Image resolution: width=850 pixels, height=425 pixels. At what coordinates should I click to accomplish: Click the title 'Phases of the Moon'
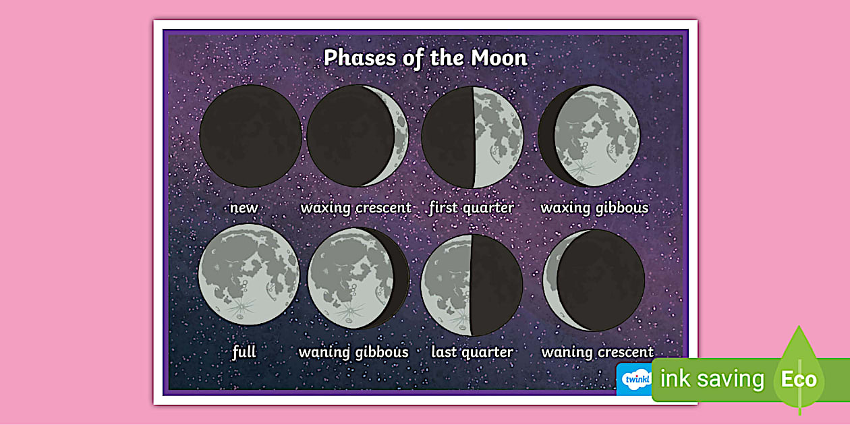tap(425, 58)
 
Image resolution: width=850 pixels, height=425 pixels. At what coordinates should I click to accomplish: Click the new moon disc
tap(250, 136)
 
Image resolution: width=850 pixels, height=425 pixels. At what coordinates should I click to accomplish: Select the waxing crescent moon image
tap(358, 136)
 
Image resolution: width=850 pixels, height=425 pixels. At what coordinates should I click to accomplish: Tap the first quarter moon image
tap(472, 137)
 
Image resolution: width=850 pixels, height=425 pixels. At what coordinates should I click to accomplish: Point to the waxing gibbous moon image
tap(589, 136)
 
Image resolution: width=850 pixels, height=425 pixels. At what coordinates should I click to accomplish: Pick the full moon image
tap(249, 275)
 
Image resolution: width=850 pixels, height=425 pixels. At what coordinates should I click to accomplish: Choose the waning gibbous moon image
tap(358, 278)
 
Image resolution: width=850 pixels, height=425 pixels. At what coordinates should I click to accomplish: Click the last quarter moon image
tap(472, 285)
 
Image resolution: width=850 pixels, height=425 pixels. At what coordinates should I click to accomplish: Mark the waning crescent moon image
tap(594, 280)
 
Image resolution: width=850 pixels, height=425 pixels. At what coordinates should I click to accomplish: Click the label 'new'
tap(244, 208)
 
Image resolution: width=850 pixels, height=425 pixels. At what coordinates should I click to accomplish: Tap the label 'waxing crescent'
tap(356, 208)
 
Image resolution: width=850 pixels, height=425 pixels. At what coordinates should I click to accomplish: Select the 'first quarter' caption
tap(471, 208)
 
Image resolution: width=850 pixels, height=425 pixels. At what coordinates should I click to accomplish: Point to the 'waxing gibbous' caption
tap(594, 208)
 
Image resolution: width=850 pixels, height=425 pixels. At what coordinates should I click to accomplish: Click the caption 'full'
tap(244, 351)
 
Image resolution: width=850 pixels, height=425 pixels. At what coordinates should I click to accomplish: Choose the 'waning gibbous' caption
tap(353, 352)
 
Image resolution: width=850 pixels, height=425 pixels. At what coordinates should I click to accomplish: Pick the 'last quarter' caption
tap(472, 352)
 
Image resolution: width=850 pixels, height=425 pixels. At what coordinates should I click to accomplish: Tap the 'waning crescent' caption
tap(597, 352)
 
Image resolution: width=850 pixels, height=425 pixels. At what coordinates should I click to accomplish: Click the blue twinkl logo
tap(635, 379)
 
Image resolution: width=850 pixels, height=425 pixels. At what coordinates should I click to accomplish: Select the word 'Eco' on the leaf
tap(799, 379)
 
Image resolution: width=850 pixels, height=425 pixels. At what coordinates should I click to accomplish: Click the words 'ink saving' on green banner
tap(712, 379)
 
